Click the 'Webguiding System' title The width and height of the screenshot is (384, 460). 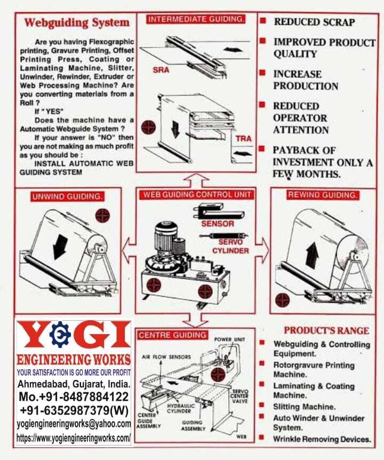coord(77,23)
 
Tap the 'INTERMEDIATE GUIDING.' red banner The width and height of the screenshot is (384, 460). coord(196,19)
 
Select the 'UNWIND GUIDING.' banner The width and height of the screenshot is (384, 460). coord(67,196)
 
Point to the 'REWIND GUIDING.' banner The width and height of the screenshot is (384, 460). coord(323,195)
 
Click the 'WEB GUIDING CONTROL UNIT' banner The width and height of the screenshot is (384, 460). coord(197,194)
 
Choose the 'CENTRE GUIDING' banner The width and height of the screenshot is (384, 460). coord(172,335)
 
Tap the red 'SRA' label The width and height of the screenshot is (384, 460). coord(161,70)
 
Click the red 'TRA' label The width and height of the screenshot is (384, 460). coord(244,138)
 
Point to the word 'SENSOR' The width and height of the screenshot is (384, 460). coord(218,224)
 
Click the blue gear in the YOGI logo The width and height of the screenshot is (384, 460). coord(60,335)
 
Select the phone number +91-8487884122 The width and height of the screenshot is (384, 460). coord(74,396)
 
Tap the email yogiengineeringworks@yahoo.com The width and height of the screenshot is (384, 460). coord(74,424)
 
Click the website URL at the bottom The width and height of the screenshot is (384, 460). coord(74,438)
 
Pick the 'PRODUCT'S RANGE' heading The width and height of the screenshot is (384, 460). coord(326,331)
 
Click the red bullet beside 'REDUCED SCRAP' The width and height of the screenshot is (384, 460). coord(263,21)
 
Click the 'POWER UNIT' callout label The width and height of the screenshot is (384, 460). coord(229,339)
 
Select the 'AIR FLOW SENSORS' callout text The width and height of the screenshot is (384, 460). coord(166,357)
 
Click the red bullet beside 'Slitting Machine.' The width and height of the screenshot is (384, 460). coord(262,405)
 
